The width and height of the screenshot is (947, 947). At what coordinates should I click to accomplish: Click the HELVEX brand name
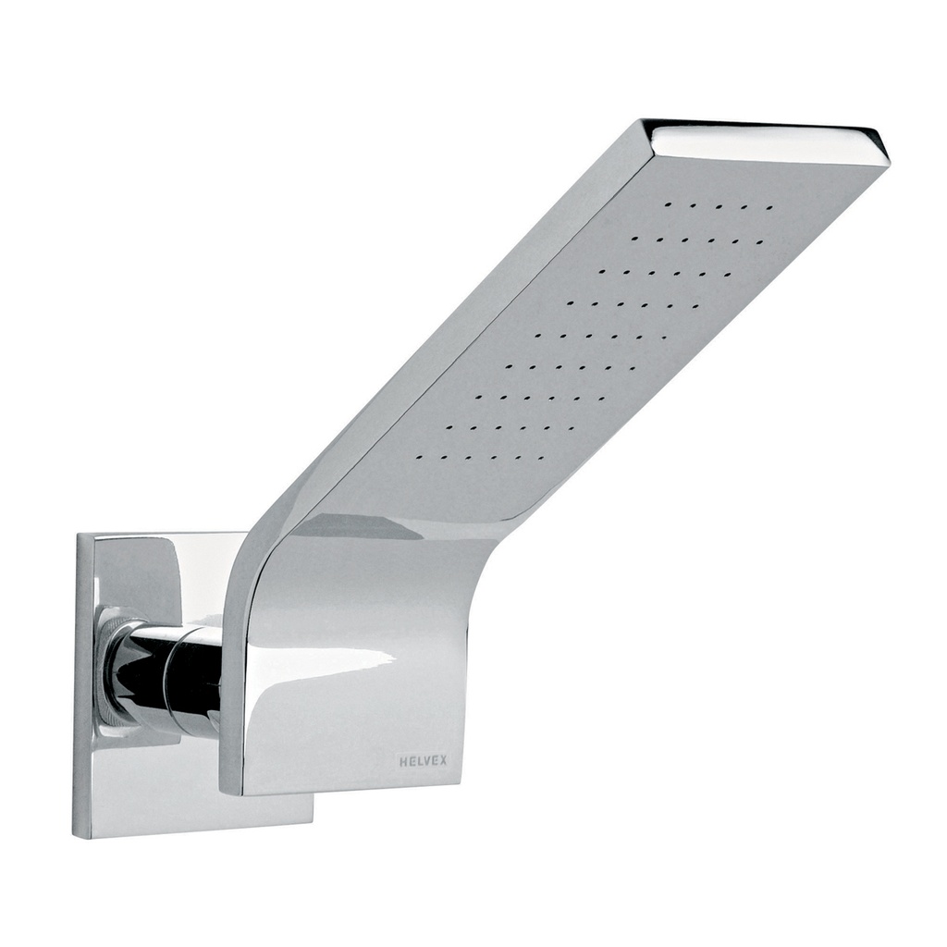click(423, 761)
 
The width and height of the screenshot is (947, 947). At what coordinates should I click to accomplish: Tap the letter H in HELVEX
click(403, 761)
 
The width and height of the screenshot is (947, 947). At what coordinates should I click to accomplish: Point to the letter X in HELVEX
click(443, 761)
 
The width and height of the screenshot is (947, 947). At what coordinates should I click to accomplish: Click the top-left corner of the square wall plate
click(79, 535)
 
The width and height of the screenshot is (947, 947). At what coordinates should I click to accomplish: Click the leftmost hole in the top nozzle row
click(666, 201)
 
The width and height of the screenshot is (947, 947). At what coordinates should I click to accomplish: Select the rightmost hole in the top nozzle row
click(769, 208)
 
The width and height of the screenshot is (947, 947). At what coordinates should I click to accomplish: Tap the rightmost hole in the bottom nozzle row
click(541, 457)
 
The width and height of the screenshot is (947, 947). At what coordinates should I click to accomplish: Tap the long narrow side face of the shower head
click(462, 324)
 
